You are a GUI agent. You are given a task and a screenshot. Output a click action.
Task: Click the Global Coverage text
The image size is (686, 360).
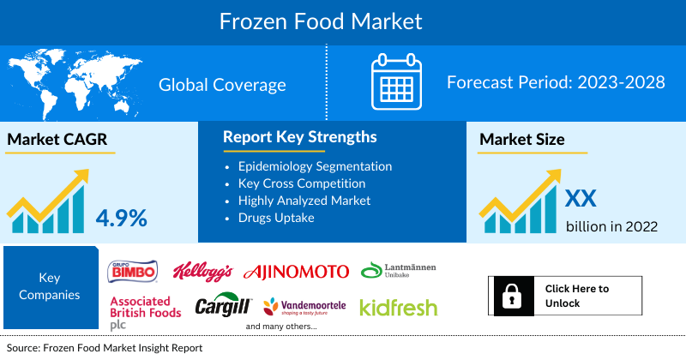click(222, 85)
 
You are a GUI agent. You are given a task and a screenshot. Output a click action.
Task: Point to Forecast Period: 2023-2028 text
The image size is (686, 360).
click(556, 83)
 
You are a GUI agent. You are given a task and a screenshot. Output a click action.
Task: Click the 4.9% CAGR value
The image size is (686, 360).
click(121, 217)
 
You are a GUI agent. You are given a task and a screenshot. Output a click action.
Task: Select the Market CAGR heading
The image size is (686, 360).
click(58, 141)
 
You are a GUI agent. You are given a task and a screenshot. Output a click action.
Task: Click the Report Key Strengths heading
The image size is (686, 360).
click(299, 137)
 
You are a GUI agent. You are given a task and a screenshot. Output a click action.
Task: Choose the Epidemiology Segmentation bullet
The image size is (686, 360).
click(315, 166)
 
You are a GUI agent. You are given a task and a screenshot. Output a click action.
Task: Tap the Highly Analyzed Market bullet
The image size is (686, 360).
click(304, 201)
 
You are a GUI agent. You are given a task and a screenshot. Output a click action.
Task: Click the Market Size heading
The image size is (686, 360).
click(522, 140)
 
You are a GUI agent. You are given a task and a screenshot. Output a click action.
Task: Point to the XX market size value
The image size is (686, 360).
click(581, 199)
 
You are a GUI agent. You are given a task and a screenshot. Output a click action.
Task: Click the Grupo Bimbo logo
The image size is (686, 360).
click(132, 272)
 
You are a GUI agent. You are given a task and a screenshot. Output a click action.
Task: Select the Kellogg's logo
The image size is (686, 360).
click(203, 272)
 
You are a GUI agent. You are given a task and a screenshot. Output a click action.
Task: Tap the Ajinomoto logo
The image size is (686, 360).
click(297, 272)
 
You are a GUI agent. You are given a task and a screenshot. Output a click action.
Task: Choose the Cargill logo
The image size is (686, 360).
click(223, 306)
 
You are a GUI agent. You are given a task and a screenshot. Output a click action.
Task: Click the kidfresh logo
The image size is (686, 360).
click(398, 307)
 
